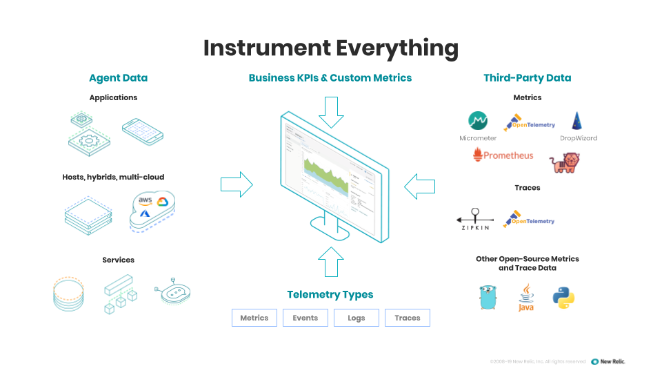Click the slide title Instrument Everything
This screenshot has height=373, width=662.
click(x=330, y=48)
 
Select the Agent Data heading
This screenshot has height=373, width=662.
click(x=118, y=78)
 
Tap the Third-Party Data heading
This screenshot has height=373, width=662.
click(x=527, y=78)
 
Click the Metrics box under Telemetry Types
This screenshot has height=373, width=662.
click(x=254, y=318)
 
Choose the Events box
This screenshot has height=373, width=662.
click(x=305, y=318)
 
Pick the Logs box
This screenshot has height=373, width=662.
click(x=357, y=318)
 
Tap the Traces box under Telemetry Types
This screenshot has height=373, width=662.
click(x=407, y=318)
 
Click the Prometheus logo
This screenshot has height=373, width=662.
click(x=503, y=155)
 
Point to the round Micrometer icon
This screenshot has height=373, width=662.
click(x=478, y=121)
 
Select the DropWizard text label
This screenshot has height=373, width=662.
click(x=578, y=138)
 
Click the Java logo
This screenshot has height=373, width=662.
click(x=526, y=297)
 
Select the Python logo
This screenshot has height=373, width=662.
click(x=563, y=298)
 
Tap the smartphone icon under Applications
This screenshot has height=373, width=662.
click(x=142, y=129)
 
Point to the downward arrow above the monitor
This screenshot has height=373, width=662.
click(x=331, y=112)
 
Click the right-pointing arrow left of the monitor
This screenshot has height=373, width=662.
click(x=237, y=184)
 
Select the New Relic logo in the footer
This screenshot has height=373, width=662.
click(x=608, y=361)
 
